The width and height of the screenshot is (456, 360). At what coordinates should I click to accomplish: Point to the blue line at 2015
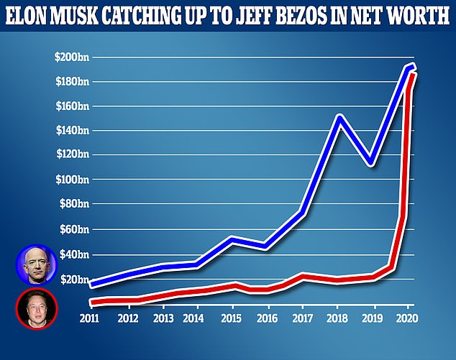(x=230, y=238)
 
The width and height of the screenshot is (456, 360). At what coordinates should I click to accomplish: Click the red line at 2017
(x=304, y=275)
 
